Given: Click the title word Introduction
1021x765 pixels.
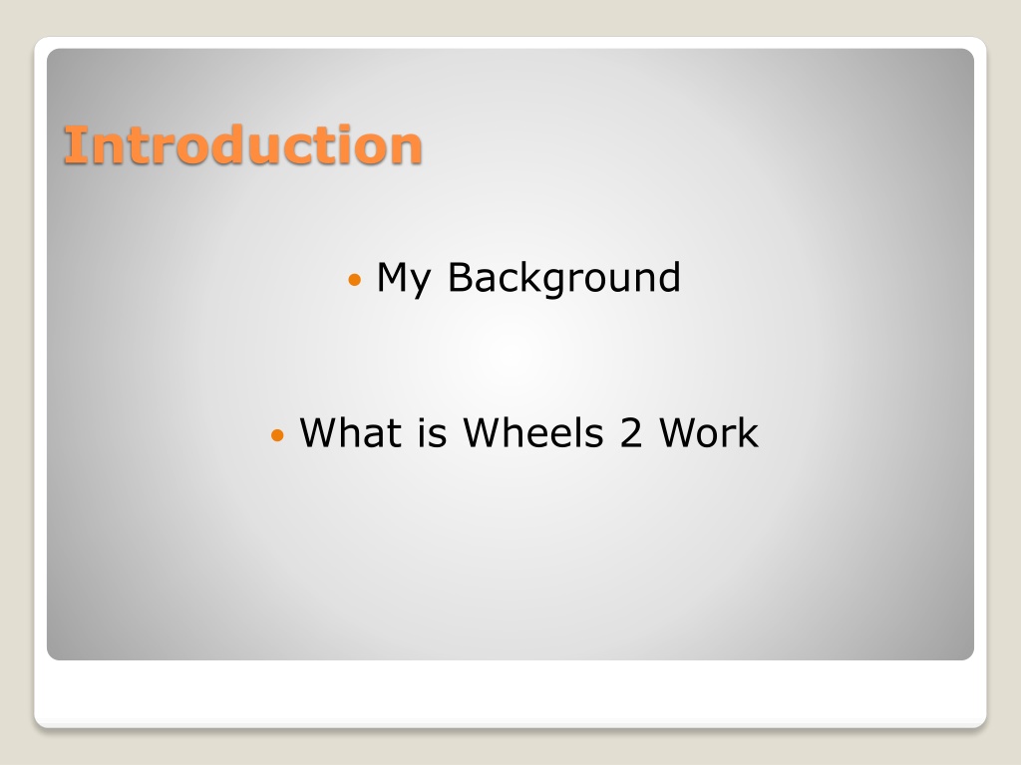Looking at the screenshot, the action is (243, 144).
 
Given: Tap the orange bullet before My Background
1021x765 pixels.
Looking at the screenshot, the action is (354, 280).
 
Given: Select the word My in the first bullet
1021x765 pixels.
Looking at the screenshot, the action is (404, 279).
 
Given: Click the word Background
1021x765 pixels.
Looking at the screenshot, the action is (564, 279).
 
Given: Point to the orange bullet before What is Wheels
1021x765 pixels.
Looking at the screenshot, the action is (277, 434).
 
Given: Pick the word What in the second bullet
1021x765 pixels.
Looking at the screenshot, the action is (351, 432).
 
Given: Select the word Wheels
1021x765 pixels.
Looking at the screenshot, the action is (533, 432).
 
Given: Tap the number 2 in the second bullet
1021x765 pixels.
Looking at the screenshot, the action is (631, 432).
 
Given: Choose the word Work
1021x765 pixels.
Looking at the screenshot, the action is (709, 432).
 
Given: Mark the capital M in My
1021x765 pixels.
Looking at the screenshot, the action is (393, 277).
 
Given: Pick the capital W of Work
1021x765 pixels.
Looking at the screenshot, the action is (684, 432).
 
